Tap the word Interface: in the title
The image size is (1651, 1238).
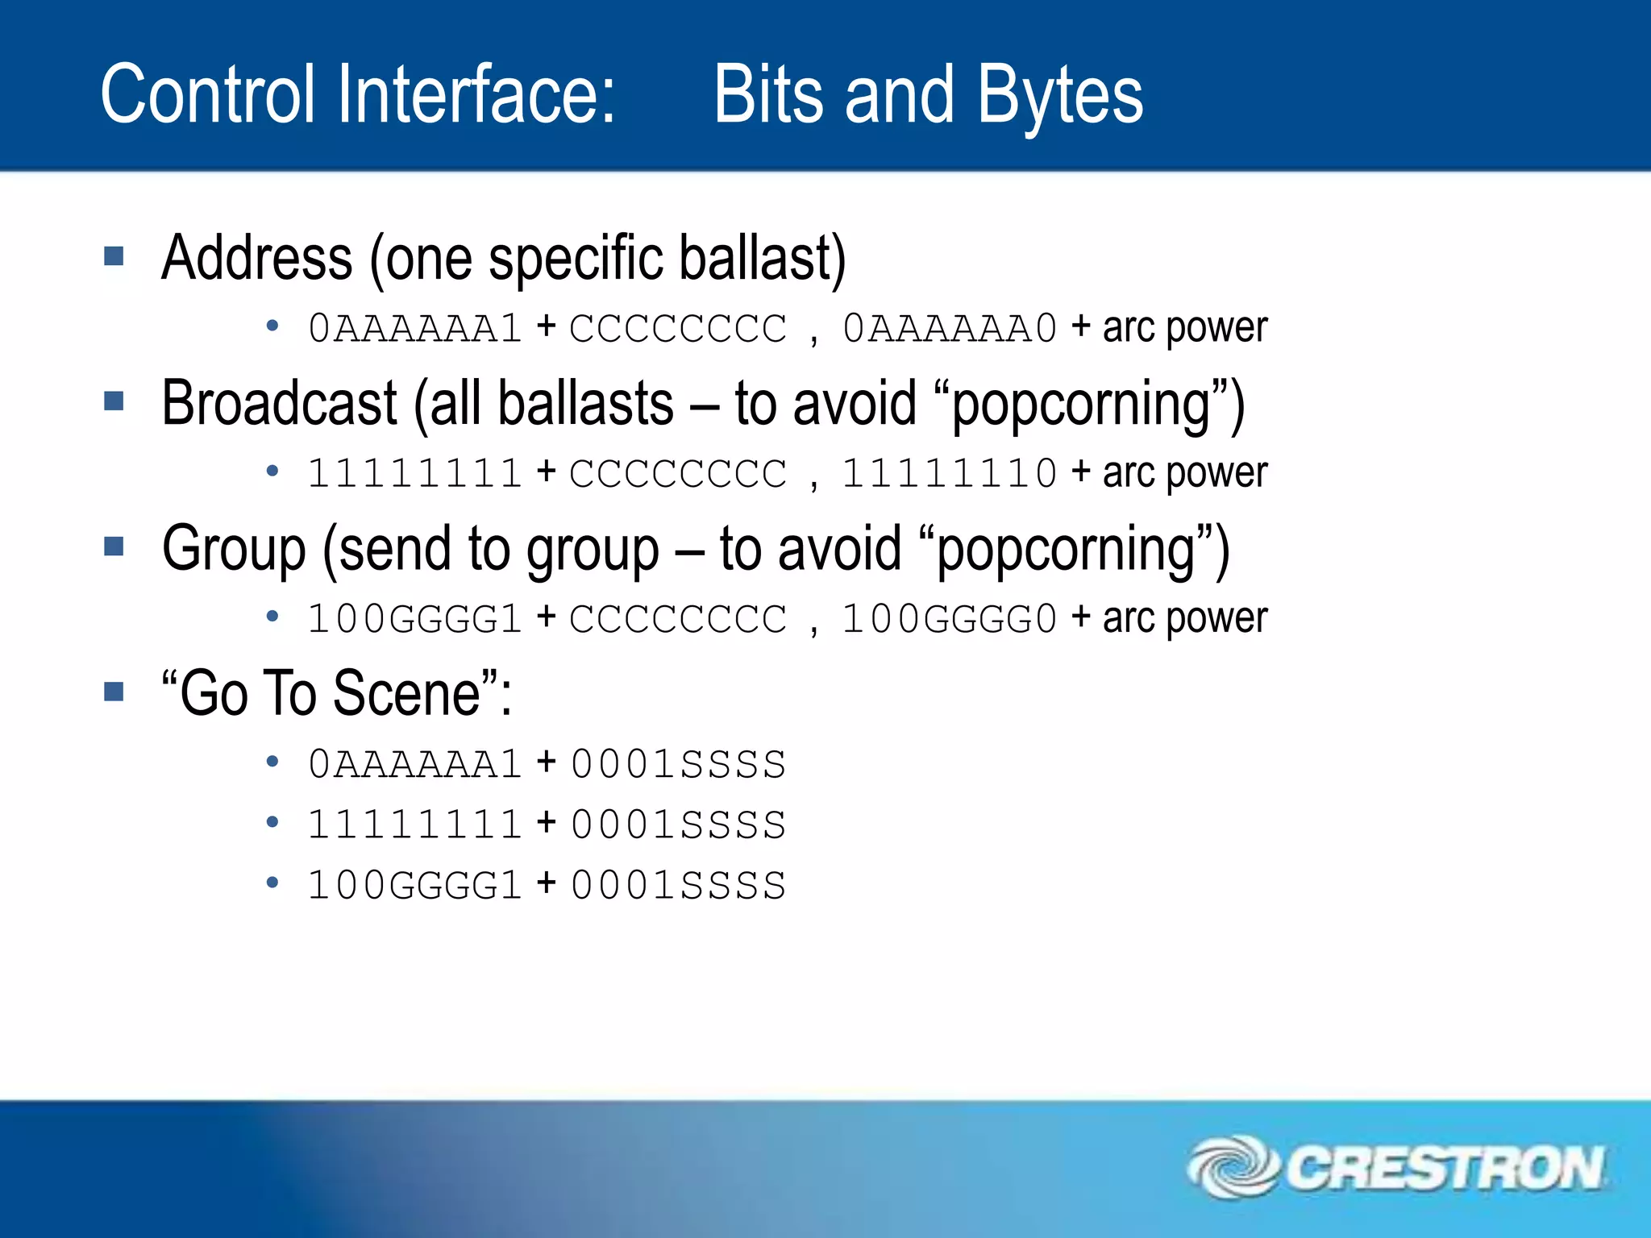point(476,95)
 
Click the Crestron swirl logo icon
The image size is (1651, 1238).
point(1231,1167)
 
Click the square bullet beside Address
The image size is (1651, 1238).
point(114,257)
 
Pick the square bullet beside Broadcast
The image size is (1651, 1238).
point(114,401)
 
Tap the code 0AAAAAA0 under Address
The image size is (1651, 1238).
point(949,329)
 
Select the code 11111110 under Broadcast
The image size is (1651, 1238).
point(949,474)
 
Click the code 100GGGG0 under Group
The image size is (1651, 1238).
point(949,619)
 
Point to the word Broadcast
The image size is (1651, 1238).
point(279,403)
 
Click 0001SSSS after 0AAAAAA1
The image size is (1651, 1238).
point(677,764)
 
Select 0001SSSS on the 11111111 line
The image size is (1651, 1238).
point(677,825)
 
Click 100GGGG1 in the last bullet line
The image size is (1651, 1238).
point(415,885)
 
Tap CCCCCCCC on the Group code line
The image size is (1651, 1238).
point(677,619)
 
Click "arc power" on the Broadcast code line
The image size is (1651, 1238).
point(1185,474)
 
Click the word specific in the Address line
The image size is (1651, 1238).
point(576,258)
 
